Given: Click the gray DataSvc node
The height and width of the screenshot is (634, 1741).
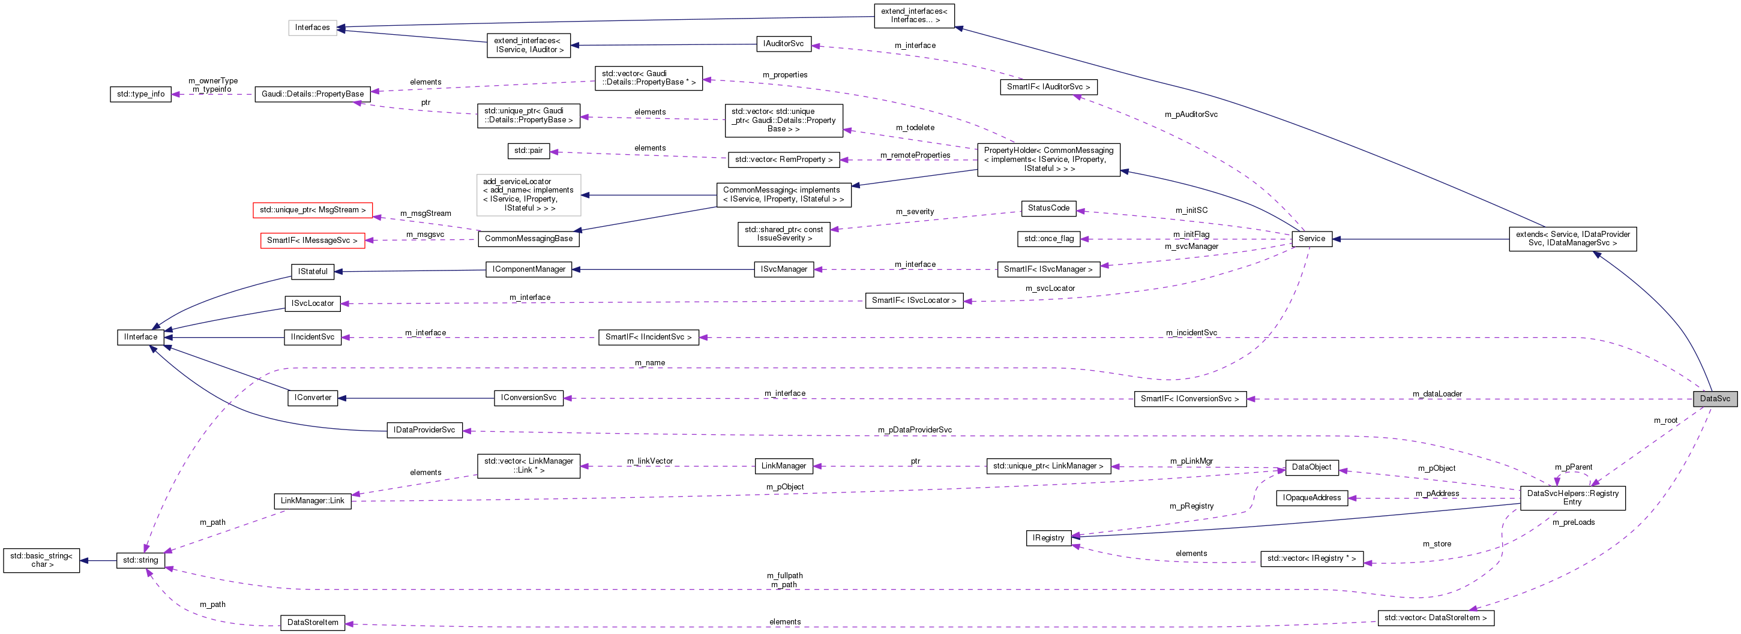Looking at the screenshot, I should [1715, 398].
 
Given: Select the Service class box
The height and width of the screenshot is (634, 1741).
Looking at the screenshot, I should [1311, 238].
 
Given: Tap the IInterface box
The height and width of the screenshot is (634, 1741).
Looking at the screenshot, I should [140, 337].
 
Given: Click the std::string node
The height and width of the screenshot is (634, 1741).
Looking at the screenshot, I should [140, 560].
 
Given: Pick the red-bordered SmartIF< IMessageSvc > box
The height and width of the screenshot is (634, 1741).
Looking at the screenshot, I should [312, 241].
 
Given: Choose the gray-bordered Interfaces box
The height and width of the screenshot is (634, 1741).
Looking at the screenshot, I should [312, 28].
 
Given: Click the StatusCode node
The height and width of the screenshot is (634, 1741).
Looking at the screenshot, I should [1048, 208].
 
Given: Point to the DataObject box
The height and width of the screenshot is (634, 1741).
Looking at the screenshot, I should [1311, 467].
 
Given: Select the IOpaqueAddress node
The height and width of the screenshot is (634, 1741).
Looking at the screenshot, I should [1311, 498].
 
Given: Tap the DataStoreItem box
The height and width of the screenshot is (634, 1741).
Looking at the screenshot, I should [312, 622].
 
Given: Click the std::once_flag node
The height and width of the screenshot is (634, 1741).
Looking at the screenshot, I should [1048, 238].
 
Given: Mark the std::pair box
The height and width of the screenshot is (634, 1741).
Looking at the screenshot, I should [529, 151].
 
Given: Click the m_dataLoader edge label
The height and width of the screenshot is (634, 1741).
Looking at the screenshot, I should [1437, 393].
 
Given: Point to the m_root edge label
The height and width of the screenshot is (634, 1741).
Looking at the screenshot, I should [1665, 420].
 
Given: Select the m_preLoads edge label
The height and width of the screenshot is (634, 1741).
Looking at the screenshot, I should [1574, 522].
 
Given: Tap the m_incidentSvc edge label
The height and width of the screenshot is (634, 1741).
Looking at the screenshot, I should [1191, 332].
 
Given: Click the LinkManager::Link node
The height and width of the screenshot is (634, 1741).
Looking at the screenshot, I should [312, 500].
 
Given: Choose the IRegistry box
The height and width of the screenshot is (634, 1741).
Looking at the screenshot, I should [1048, 537].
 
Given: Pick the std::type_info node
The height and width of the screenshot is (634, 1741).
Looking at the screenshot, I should [140, 94].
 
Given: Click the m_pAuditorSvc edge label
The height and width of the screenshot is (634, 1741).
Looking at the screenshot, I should [1191, 114].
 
